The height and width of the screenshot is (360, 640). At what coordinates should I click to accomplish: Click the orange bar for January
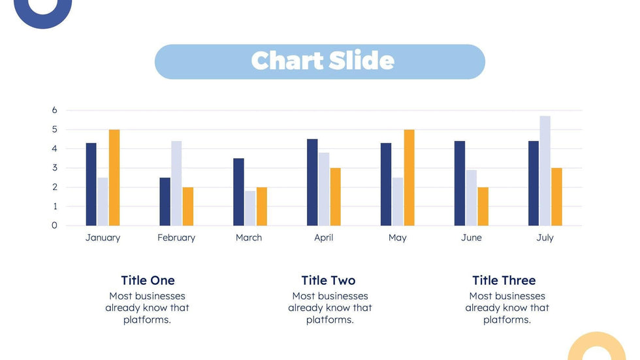point(114,178)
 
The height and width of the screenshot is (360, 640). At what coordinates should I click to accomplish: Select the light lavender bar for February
point(176,183)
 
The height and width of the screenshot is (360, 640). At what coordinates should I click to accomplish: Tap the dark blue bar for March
point(238,192)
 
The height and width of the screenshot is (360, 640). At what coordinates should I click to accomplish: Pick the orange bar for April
point(335,197)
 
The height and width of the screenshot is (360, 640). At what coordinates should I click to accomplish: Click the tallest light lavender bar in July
point(545,171)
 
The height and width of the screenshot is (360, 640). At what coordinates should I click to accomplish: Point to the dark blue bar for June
point(460,183)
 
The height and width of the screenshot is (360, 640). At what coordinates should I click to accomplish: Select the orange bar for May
point(409,178)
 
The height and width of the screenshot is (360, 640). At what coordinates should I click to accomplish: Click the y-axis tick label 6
point(55,110)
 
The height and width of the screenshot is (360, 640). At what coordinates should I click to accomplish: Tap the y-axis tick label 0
point(55,225)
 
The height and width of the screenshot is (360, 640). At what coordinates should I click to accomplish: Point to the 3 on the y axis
point(55,168)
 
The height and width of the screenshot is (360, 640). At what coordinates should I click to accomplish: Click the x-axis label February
point(176,238)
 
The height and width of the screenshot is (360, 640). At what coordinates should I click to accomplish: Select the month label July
point(545,238)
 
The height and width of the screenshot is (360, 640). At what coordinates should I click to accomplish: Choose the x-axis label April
point(324,238)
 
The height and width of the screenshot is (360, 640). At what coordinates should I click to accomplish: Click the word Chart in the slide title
point(285,61)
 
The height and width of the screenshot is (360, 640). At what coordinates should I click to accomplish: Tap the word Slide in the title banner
point(361,61)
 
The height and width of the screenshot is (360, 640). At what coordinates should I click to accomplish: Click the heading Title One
point(148,280)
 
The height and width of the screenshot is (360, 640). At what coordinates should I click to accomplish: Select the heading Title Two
point(328,280)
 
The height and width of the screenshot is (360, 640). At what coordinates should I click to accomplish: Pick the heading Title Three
point(504,280)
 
